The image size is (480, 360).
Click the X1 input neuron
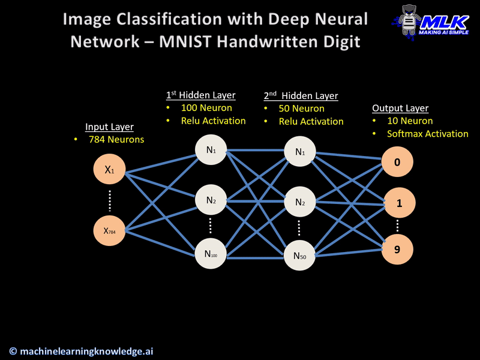(109, 170)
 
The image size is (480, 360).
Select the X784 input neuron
(109, 230)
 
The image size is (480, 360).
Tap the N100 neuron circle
(211, 253)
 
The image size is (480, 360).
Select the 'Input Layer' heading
(109, 127)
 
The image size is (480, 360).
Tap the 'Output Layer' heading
(400, 108)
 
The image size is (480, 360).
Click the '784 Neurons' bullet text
(115, 140)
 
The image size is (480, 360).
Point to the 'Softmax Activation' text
(427, 134)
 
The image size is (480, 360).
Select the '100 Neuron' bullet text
(206, 108)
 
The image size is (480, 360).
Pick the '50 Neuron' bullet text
(301, 109)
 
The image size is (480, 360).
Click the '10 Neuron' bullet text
(410, 121)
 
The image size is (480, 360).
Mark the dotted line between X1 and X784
(109, 200)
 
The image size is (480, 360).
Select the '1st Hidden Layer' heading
(200, 95)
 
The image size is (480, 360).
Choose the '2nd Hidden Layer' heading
(301, 95)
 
